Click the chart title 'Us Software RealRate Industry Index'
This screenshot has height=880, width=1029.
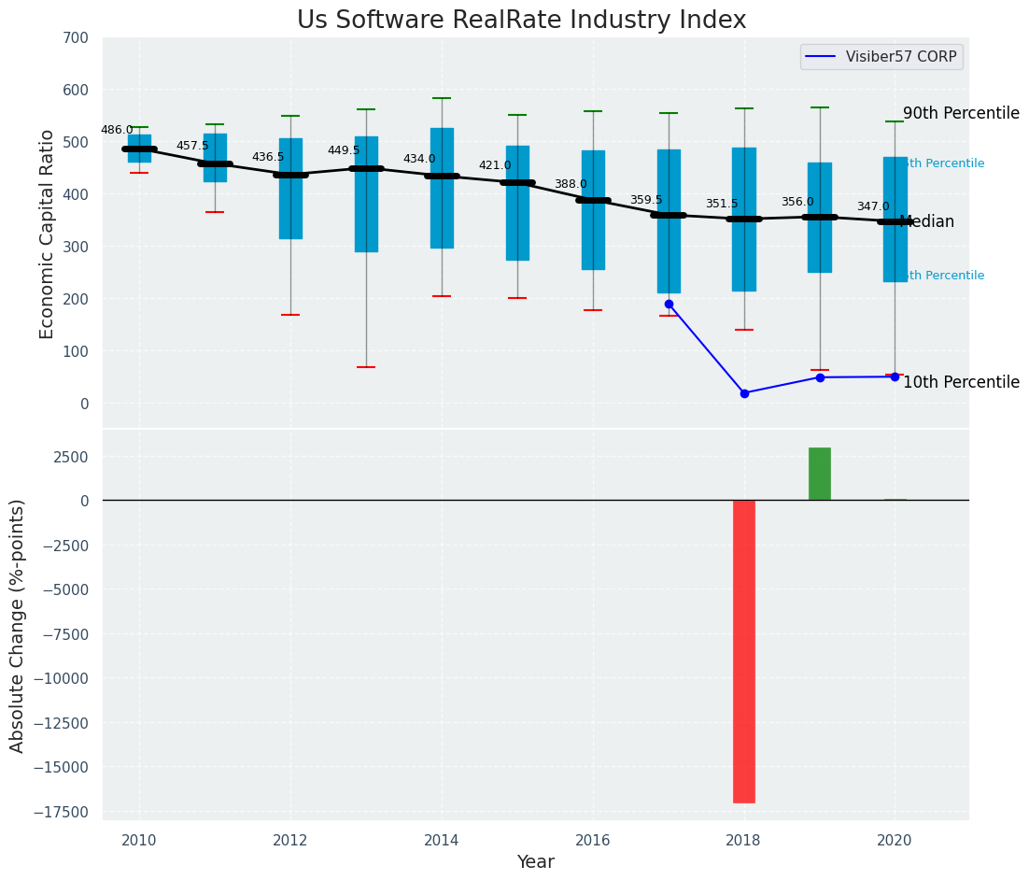tap(521, 21)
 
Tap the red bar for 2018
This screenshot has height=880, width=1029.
tap(743, 651)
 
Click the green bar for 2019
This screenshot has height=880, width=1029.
tap(819, 474)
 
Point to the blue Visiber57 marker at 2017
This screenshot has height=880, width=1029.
tap(669, 304)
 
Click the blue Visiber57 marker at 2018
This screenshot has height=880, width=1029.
tap(744, 393)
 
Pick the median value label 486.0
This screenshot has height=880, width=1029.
tap(117, 131)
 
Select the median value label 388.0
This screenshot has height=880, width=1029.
tap(571, 185)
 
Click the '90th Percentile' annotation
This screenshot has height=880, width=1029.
tap(961, 113)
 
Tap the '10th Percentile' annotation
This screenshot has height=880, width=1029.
tap(961, 382)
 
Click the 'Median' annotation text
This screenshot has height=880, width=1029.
tap(926, 222)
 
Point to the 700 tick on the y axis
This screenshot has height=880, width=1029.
tap(75, 38)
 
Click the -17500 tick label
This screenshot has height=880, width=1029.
tap(62, 811)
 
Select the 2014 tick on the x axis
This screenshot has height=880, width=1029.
tap(442, 840)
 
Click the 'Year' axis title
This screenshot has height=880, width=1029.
tap(536, 862)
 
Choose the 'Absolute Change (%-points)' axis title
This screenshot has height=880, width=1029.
tap(18, 625)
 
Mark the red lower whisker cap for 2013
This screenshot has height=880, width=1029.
tap(366, 367)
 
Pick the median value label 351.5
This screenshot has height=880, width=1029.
tap(722, 205)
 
